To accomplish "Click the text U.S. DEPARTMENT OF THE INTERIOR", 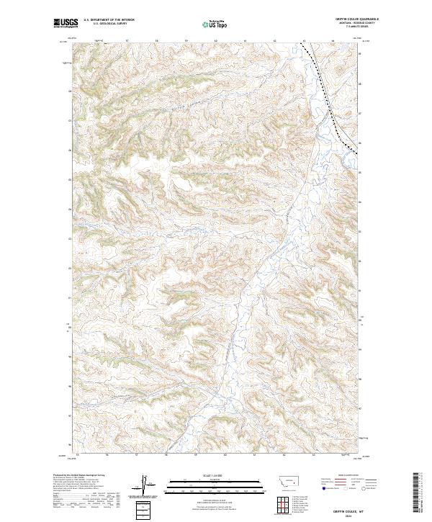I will tap(109, 20).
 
